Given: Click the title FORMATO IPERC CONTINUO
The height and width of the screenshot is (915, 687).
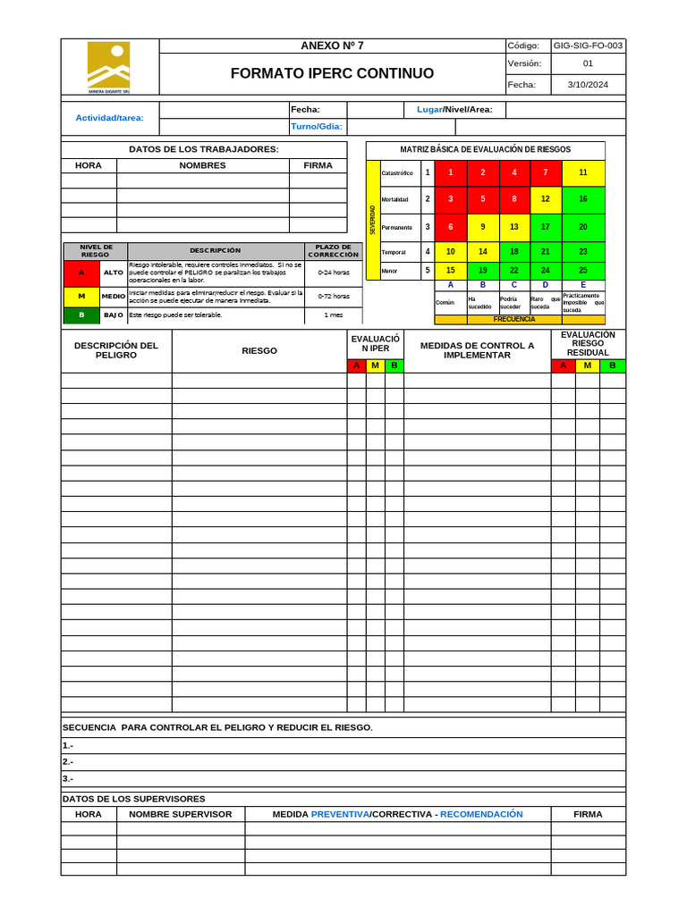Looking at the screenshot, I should [x=332, y=73].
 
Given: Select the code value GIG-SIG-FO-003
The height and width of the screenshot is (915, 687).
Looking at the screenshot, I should [x=589, y=46].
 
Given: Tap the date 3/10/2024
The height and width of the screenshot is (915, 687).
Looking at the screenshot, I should [x=588, y=85].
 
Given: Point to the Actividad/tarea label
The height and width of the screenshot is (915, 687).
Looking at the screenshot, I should [x=109, y=118].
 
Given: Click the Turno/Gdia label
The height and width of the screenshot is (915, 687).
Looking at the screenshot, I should [x=317, y=126].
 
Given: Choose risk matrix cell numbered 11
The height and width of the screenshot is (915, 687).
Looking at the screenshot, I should [x=583, y=172].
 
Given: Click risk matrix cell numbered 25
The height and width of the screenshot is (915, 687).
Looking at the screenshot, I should [x=583, y=270].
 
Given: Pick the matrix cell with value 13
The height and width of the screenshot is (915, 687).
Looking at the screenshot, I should [x=514, y=227].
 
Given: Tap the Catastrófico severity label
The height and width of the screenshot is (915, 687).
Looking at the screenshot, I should [x=397, y=173].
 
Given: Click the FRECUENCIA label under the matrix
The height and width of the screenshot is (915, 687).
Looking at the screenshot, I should [x=514, y=319].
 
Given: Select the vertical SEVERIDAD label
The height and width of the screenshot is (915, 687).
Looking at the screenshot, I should [x=373, y=220].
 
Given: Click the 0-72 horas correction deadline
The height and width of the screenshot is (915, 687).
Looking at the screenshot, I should [x=334, y=296].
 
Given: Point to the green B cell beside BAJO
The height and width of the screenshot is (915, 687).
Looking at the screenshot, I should [x=81, y=315].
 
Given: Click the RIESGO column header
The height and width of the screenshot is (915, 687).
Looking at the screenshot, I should [x=259, y=351].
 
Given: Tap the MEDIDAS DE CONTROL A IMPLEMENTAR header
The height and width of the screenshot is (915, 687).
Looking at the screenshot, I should [x=477, y=350].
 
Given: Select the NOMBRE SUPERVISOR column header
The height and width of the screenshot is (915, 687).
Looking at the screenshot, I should [x=181, y=814].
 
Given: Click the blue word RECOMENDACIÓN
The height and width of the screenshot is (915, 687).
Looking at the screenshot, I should [x=481, y=814].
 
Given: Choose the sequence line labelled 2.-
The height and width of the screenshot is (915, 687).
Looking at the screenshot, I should [x=68, y=762].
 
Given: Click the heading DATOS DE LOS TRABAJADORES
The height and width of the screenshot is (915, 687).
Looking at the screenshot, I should [x=204, y=149].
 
